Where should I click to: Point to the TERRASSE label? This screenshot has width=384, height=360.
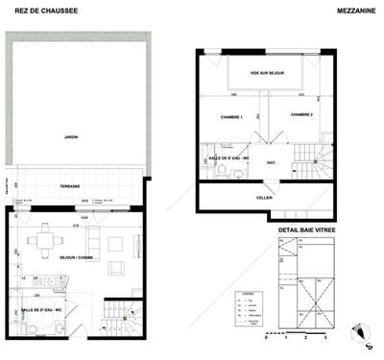point(70,186)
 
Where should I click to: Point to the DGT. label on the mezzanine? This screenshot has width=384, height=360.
point(273,163)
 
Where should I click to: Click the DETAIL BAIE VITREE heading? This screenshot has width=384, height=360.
point(307,230)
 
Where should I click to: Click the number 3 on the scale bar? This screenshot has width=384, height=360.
point(326,339)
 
